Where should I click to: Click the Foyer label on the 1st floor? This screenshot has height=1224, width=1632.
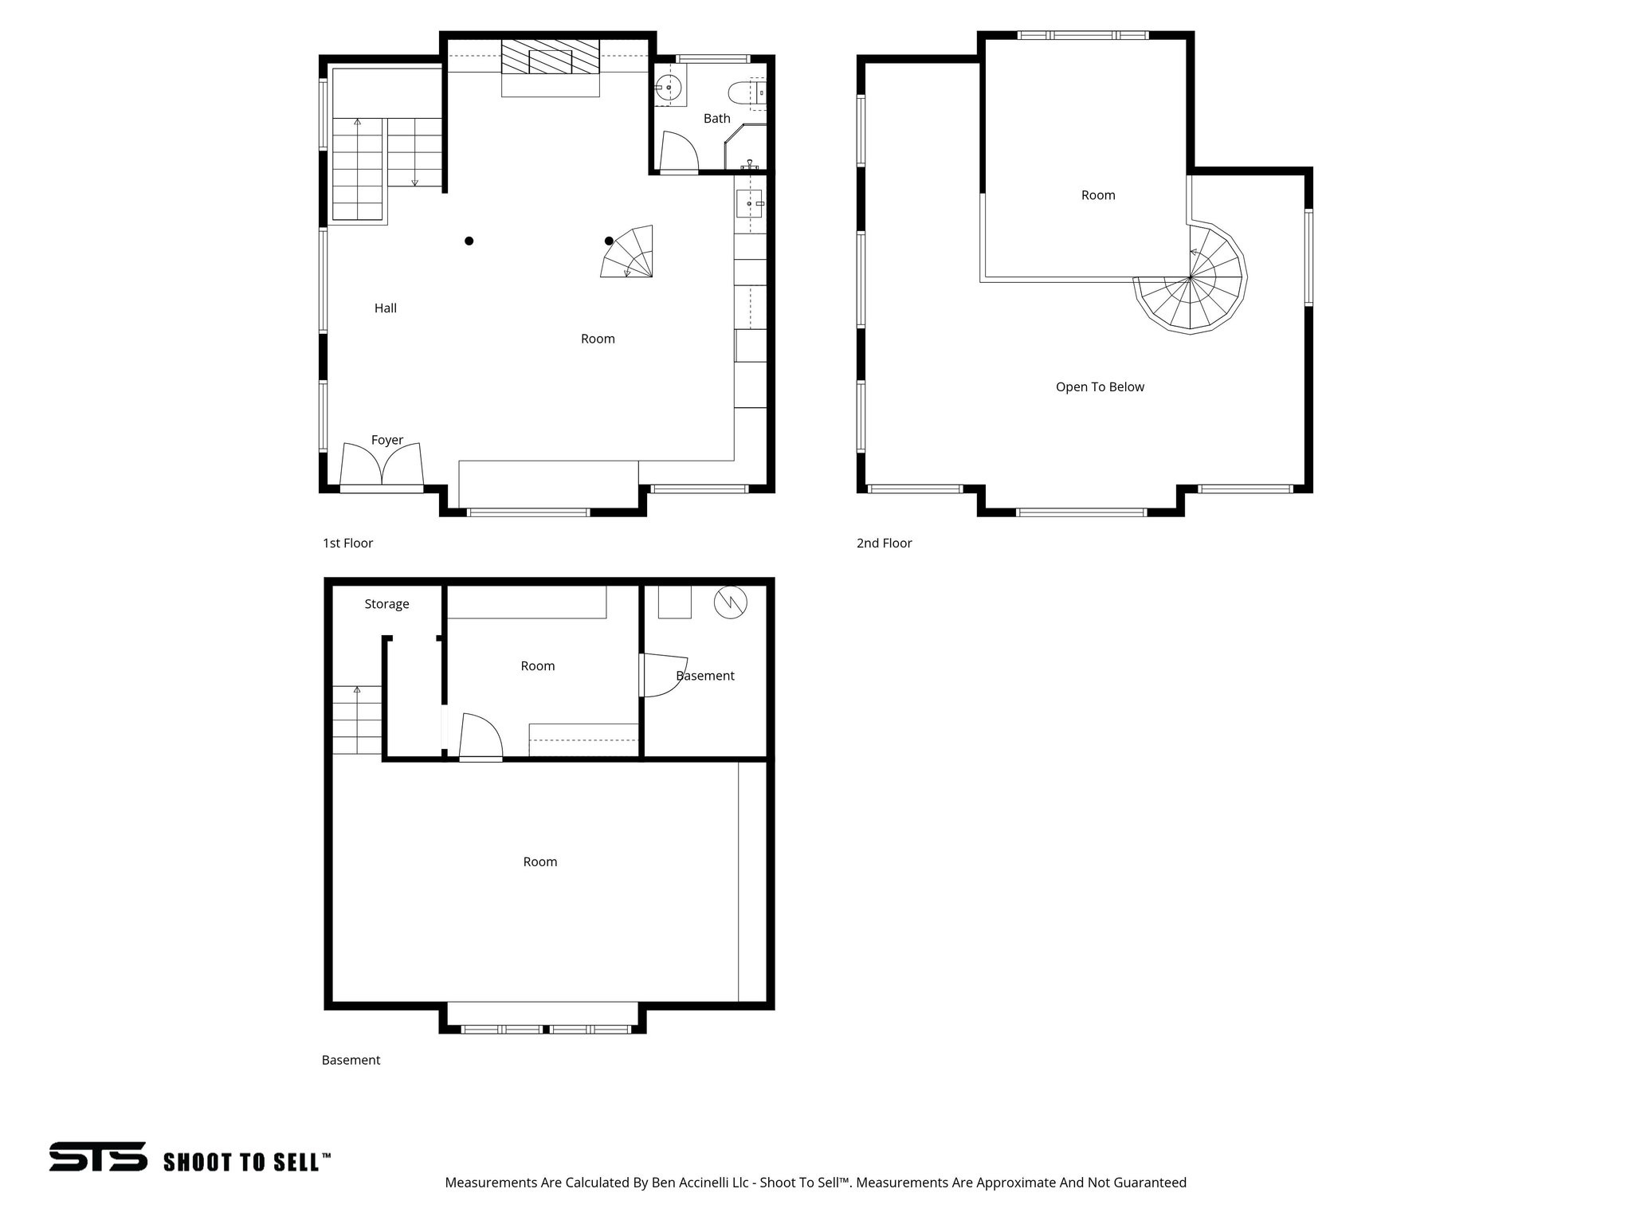click(387, 440)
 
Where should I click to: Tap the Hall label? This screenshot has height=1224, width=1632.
click(386, 308)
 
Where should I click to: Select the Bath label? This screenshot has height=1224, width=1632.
click(716, 119)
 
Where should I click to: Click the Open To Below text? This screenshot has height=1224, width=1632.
click(1100, 387)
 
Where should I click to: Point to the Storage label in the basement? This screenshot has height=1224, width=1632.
click(386, 604)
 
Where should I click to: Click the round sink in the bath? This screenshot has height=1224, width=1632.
click(668, 88)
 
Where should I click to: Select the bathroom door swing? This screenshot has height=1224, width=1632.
click(678, 152)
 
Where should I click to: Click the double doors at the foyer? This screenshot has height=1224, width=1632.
click(382, 465)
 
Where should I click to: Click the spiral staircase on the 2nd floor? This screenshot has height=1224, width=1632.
click(1191, 279)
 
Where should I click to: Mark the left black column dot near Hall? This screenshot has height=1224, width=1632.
click(469, 241)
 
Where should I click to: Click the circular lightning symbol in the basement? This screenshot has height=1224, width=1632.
click(731, 603)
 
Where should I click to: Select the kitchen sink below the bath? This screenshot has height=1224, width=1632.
click(749, 204)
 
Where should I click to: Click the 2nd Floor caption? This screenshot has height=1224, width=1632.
click(884, 543)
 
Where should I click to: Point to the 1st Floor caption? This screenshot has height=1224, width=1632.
click(347, 543)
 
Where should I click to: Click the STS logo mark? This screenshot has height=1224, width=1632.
click(98, 1156)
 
